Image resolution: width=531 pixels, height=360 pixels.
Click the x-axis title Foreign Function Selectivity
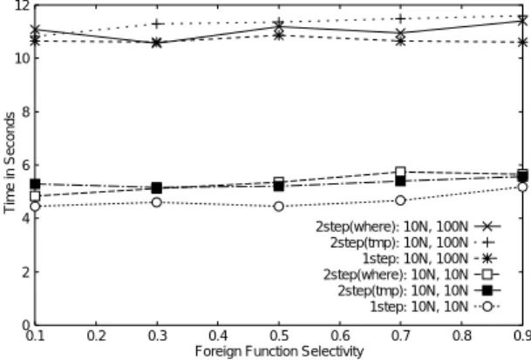point(279,351)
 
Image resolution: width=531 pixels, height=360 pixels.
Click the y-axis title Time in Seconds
point(10,163)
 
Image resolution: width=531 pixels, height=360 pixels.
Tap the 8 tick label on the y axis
point(26,112)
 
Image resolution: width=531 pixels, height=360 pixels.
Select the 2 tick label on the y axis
point(26,272)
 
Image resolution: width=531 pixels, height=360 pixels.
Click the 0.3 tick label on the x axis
point(157,336)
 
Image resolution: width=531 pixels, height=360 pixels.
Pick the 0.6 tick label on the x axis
point(340,336)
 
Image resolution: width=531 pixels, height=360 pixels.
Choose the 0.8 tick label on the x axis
point(461,336)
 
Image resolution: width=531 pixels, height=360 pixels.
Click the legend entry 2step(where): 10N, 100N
point(408,227)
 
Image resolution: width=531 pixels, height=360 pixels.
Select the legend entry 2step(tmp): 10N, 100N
point(412,242)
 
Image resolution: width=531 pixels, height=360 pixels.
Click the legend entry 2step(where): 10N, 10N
point(412,275)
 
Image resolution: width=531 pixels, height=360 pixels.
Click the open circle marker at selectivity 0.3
point(156,202)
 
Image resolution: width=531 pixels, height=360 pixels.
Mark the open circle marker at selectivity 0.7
point(400,200)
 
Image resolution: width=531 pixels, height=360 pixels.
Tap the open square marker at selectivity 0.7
point(400,172)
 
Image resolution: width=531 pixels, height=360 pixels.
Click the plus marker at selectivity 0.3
point(156,24)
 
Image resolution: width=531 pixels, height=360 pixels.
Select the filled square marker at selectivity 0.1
point(35,184)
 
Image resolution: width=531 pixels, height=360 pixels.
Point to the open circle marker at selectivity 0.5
point(278,207)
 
